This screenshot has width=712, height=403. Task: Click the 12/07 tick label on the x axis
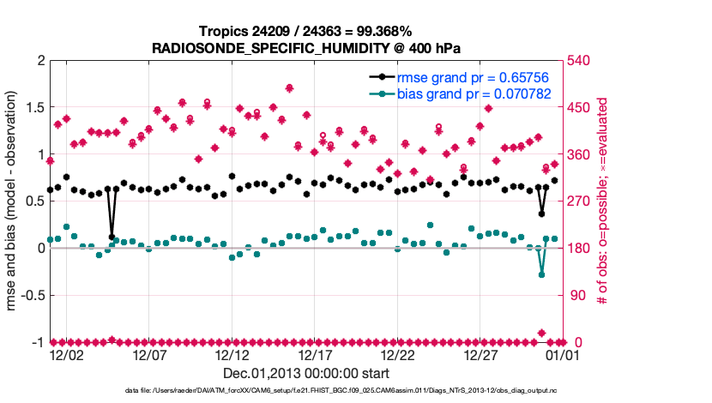(x=148, y=355)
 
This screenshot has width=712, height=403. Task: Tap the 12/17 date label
(x=315, y=355)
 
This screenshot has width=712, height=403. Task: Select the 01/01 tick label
(x=564, y=355)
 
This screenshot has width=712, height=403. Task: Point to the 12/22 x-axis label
(x=398, y=355)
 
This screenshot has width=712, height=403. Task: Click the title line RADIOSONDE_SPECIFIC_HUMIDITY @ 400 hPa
(x=306, y=47)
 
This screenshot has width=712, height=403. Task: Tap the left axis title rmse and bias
(x=15, y=201)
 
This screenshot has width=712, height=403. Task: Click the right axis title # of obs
(x=603, y=201)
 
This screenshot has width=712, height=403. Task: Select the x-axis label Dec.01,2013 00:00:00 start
(x=306, y=373)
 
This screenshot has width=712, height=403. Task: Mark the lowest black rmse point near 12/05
(x=112, y=237)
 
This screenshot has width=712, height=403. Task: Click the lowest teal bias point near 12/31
(x=541, y=274)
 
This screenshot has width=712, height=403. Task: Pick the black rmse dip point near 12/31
(x=541, y=214)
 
